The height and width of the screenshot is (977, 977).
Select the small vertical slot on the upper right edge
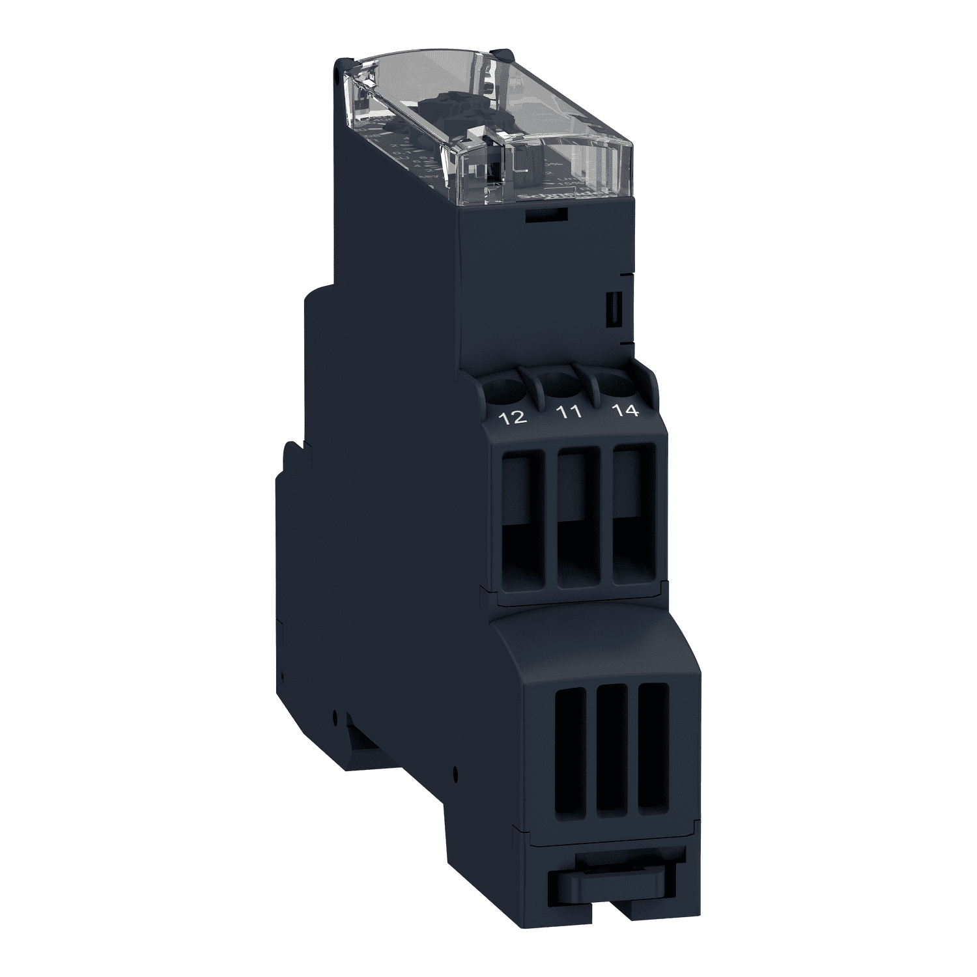pyautogui.click(x=613, y=309)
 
